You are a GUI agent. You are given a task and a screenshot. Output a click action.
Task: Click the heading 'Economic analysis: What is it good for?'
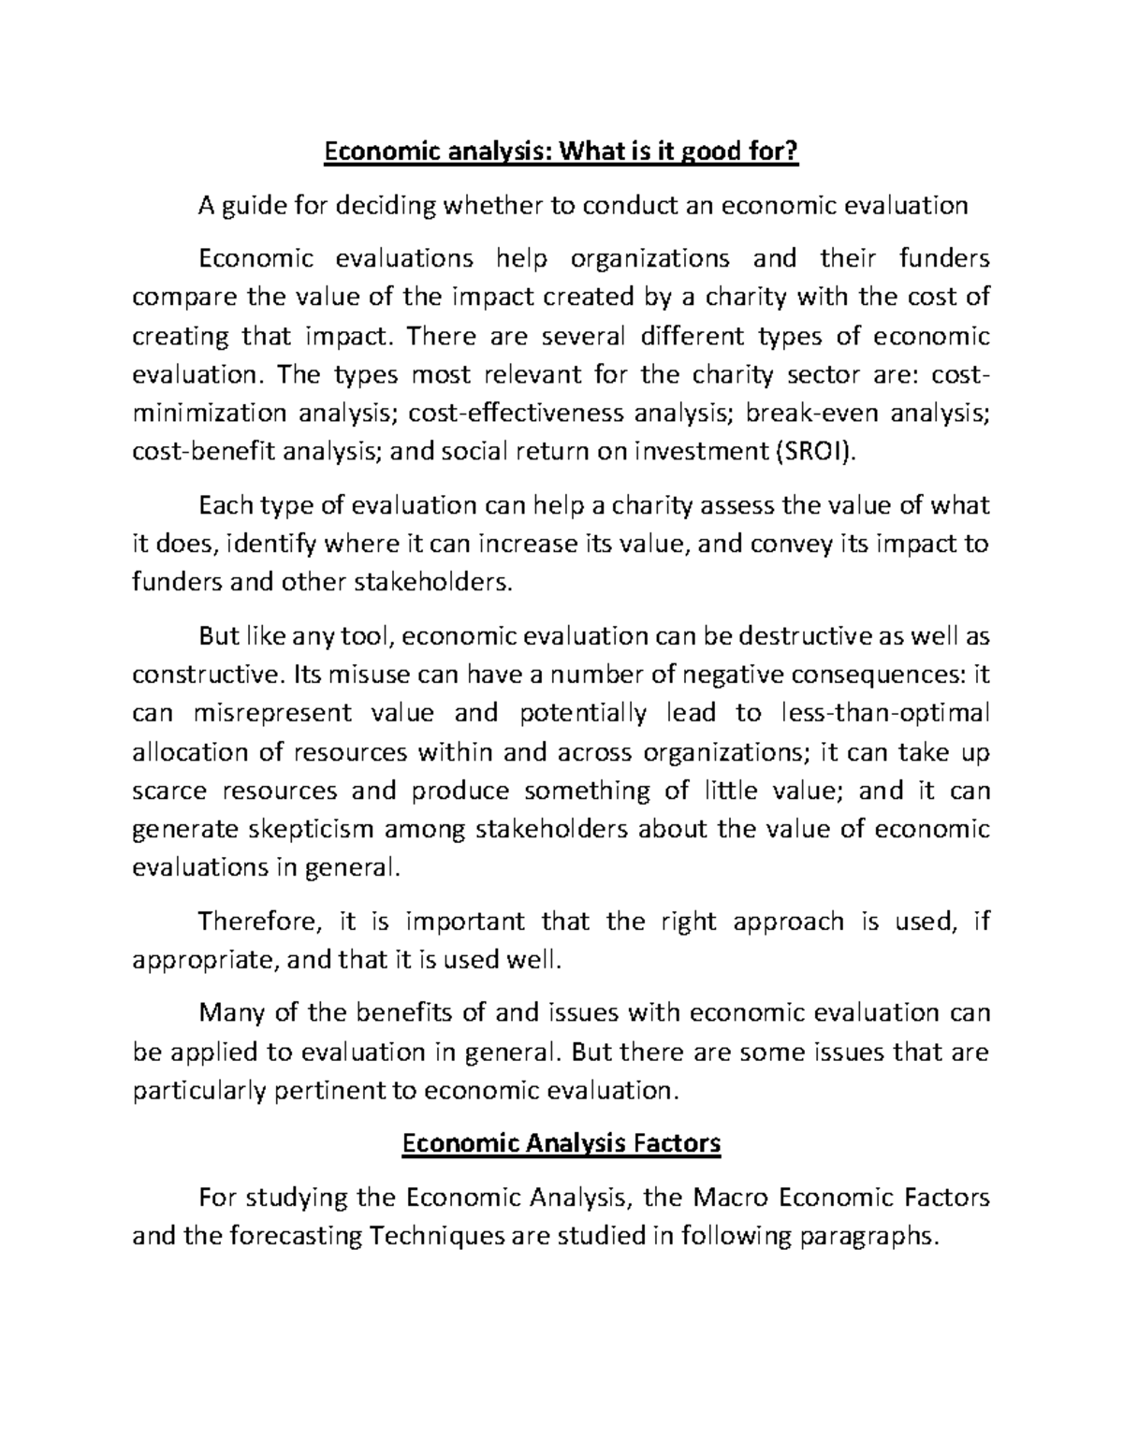click(x=561, y=153)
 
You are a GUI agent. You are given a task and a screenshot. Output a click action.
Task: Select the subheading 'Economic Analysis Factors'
click(x=561, y=1143)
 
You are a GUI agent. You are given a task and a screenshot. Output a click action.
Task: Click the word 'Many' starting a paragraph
click(x=228, y=1013)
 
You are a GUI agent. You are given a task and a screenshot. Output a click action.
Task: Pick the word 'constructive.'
click(x=207, y=676)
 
